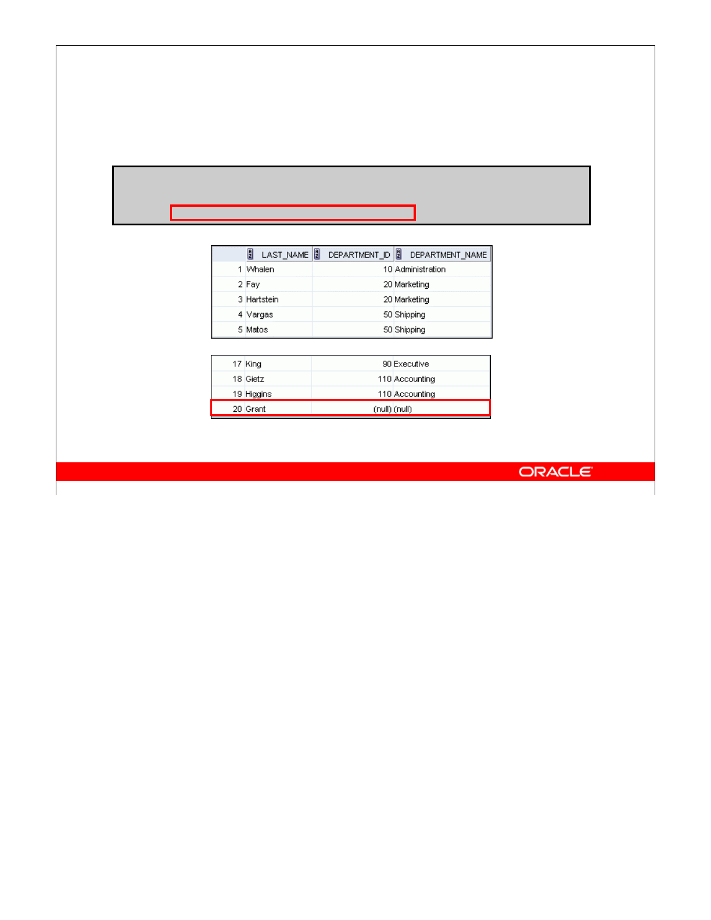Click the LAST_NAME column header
pyautogui.click(x=285, y=255)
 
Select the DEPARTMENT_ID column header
pyautogui.click(x=359, y=255)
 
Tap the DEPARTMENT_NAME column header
pyautogui.click(x=448, y=255)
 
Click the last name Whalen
pyautogui.click(x=260, y=269)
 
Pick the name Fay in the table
pyautogui.click(x=253, y=285)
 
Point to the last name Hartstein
pyautogui.click(x=262, y=300)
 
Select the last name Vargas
pyautogui.click(x=260, y=315)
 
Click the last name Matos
pyautogui.click(x=257, y=330)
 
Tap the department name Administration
pyautogui.click(x=420, y=269)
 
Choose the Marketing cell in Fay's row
pyautogui.click(x=412, y=285)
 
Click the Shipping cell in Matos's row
pyautogui.click(x=410, y=330)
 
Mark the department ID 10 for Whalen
pyautogui.click(x=387, y=269)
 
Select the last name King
pyautogui.click(x=253, y=364)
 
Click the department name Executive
pyautogui.click(x=411, y=364)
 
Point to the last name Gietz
pyautogui.click(x=254, y=379)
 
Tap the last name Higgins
pyautogui.click(x=258, y=394)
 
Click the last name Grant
pyautogui.click(x=256, y=409)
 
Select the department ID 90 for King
pyautogui.click(x=387, y=364)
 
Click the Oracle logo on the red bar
pyautogui.click(x=555, y=472)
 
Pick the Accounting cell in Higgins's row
pyautogui.click(x=414, y=394)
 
